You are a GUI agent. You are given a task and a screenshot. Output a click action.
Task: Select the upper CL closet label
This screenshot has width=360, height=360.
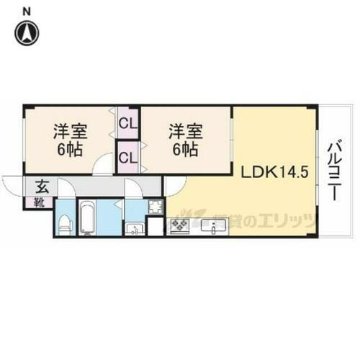point(128,122)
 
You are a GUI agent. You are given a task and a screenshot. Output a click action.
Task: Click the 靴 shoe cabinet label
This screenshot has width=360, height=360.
point(38,203)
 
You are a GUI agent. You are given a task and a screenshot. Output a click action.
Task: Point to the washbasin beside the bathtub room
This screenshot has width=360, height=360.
point(135,228)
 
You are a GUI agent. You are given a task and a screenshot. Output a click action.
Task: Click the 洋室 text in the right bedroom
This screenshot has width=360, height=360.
point(186,132)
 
